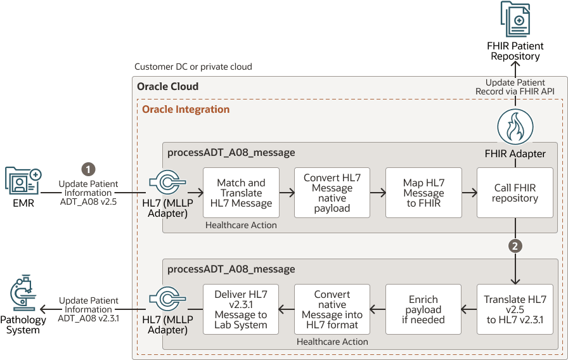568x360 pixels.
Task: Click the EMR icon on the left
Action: (x=23, y=181)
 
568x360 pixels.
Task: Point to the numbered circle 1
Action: (x=89, y=169)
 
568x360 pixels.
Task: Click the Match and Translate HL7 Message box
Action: (x=241, y=193)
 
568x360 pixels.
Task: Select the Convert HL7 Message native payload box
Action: (x=332, y=193)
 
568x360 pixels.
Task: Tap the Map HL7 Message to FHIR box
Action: (x=423, y=193)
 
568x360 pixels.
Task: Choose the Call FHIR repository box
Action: (x=515, y=193)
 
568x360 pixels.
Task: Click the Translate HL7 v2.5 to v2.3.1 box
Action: (x=515, y=309)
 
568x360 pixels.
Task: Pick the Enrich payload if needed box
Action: (x=423, y=309)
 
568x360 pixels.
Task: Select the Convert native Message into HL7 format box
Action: (x=332, y=309)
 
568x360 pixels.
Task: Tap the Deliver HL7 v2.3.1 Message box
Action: (x=241, y=309)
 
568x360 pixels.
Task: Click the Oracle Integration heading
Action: (x=186, y=109)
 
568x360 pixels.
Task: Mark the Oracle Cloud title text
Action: (x=168, y=86)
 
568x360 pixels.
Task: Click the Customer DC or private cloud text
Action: (x=193, y=67)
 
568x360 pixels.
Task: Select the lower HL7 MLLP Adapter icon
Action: (x=167, y=299)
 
